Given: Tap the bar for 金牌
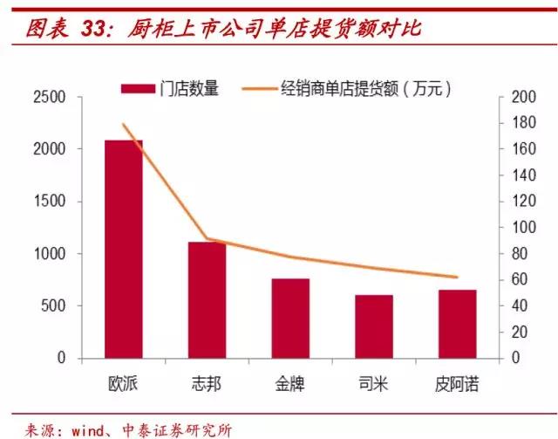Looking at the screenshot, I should point(290,318).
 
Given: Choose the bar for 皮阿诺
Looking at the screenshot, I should point(458,324).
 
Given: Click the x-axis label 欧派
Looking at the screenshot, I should point(124,384).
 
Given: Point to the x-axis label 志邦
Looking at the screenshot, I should point(208,384).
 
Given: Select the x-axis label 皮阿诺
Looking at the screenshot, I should point(458,384).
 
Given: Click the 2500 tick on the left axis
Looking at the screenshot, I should point(49,97).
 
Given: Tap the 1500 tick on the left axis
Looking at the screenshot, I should point(49,202).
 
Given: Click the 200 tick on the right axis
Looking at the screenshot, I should point(520,97).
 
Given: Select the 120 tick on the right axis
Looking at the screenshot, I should point(520,202).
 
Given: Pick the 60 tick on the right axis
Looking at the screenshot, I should point(516,280).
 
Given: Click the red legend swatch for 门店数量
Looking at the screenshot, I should point(138,88).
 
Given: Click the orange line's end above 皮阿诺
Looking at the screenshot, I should point(458,277).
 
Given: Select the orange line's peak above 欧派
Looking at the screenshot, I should point(124,124).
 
